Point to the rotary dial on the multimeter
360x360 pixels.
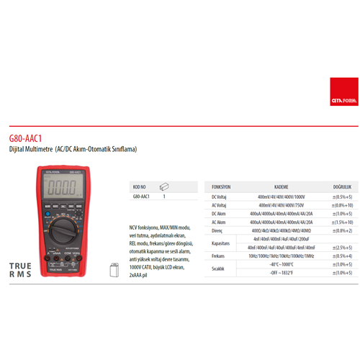coord(63,231)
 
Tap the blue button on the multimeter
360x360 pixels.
coord(47,215)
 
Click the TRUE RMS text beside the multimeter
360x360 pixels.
coord(20,270)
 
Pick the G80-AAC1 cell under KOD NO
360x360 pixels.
coord(141,196)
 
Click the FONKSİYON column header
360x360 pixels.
coord(218,185)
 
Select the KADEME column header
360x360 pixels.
coord(281,185)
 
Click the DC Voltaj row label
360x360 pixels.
coord(218,196)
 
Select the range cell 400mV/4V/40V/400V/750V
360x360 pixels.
coord(281,204)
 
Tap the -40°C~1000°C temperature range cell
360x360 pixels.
coord(281,264)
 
